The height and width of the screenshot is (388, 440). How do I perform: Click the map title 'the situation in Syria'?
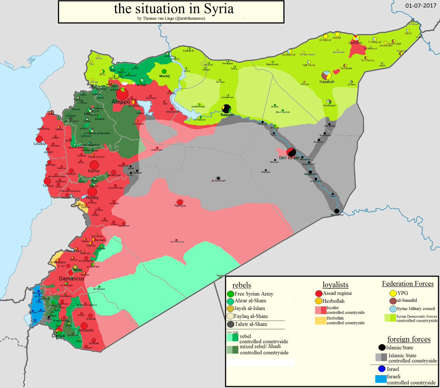(x=173, y=9)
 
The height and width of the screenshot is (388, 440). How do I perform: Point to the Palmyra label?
(x=180, y=206)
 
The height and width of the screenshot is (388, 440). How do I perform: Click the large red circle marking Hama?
(x=94, y=165)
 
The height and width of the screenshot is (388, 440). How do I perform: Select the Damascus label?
(x=71, y=278)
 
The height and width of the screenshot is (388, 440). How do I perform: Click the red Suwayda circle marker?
(x=84, y=326)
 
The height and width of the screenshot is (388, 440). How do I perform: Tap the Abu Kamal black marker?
(x=337, y=211)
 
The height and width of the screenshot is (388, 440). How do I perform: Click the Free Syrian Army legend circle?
(x=230, y=293)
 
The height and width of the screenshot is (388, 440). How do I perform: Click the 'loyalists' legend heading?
(x=335, y=285)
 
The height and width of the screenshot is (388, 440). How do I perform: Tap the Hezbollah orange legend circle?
(x=319, y=301)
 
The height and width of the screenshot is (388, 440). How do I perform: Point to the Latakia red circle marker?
(x=40, y=139)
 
